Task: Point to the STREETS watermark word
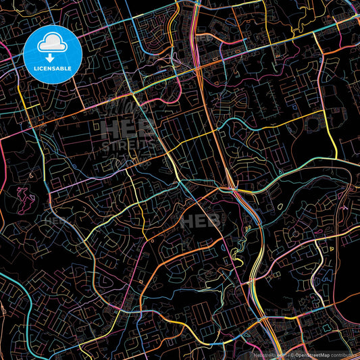(129, 145)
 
